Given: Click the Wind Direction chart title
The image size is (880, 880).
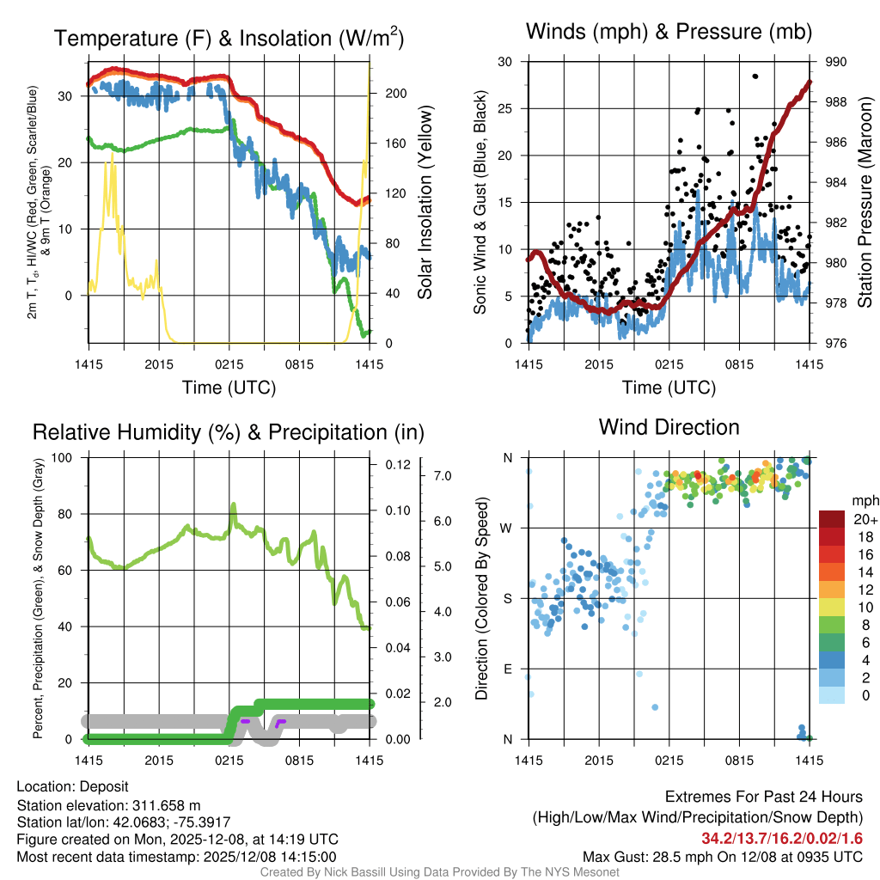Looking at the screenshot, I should (669, 427).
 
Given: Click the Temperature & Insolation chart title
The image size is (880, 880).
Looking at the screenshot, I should (229, 39).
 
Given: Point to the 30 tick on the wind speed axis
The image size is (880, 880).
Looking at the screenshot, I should (505, 62).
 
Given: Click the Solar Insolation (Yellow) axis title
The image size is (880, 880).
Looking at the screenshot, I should (425, 203).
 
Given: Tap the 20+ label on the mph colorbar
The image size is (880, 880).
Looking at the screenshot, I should (865, 520).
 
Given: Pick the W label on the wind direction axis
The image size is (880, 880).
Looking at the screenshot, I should (507, 528).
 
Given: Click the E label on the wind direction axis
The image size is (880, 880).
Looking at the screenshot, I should (507, 669).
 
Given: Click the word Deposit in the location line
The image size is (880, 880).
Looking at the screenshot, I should (104, 787).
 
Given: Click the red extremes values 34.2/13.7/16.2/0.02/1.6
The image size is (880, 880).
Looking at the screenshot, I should (782, 838).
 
